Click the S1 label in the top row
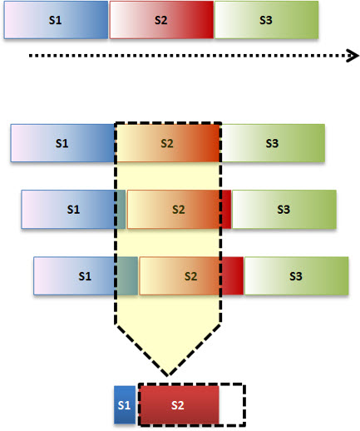pos(55,20)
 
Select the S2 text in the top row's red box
pos(160,20)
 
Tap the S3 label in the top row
pos(266,20)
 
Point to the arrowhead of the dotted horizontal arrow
pos(353,56)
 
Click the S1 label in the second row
pos(62,143)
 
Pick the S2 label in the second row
pos(167,143)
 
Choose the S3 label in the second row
pos(272,143)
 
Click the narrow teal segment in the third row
pos(121,210)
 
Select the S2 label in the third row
pos(179,210)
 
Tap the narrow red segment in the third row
pos(226,210)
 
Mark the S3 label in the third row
pos(284,210)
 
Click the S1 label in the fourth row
pos(85,276)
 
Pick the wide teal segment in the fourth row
pos(127,276)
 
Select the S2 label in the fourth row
pos(190,276)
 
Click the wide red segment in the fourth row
pos(233,276)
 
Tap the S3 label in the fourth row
pos(296,276)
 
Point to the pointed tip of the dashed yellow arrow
pos(168,375)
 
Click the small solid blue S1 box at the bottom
pos(125,405)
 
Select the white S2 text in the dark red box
pos(177,405)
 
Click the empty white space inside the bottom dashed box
pos(231,405)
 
